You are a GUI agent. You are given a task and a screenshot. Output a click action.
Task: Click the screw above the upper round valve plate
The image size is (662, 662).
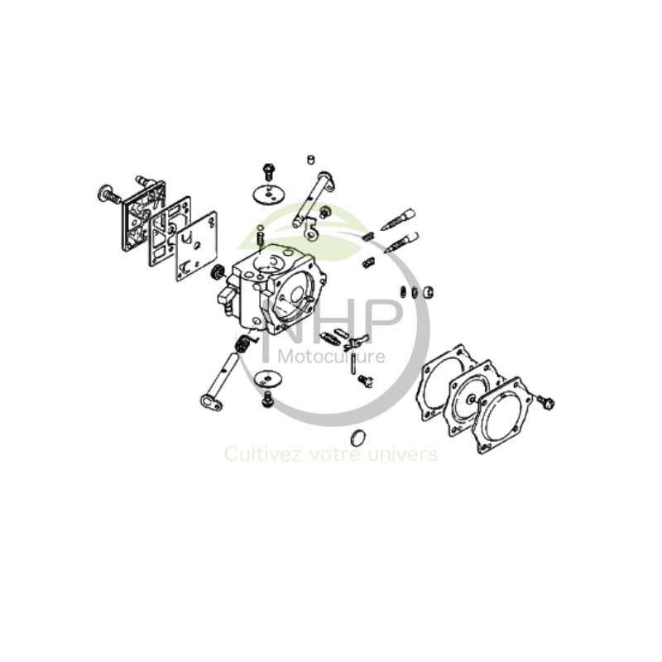click(x=269, y=172)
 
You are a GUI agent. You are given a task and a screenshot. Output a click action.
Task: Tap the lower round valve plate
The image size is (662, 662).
click(x=268, y=378)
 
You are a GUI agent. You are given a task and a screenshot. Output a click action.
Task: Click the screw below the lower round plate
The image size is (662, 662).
click(x=267, y=400)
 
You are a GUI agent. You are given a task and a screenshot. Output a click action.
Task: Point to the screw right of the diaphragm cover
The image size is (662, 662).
click(x=545, y=402)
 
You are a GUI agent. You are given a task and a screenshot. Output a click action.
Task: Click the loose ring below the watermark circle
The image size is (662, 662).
click(x=357, y=438)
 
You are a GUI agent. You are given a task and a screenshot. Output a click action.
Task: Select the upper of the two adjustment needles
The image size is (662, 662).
click(x=399, y=218)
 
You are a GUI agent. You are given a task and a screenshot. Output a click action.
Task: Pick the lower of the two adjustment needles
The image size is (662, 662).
click(x=401, y=242)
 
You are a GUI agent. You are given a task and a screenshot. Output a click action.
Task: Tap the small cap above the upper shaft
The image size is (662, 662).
click(x=311, y=159)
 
